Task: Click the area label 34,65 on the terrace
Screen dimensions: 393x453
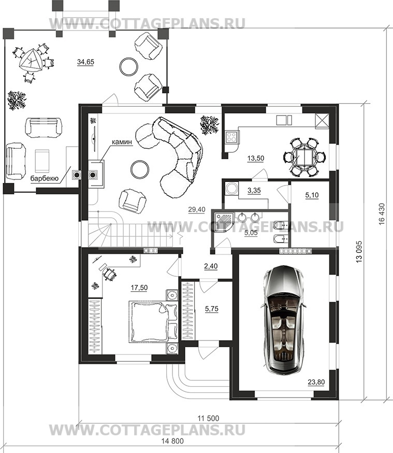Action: (x=86, y=62)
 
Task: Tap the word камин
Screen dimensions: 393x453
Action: (x=122, y=142)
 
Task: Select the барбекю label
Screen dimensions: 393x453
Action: (x=45, y=178)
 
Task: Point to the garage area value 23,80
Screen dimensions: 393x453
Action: (x=316, y=382)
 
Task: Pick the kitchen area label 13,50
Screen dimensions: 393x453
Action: (x=256, y=158)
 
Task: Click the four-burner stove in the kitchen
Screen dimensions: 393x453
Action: (x=231, y=137)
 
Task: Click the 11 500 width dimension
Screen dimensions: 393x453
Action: (x=208, y=418)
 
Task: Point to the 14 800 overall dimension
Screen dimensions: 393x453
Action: (x=172, y=441)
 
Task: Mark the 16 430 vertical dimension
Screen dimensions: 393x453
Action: (x=382, y=213)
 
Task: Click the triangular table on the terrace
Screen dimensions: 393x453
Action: (x=30, y=60)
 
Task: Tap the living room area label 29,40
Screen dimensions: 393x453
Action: (x=197, y=209)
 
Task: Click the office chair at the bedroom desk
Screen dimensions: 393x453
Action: (x=109, y=274)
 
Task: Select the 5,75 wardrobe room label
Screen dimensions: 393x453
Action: (x=211, y=309)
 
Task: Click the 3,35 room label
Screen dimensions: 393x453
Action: (x=254, y=190)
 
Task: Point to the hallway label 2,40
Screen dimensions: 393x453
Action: (x=211, y=266)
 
